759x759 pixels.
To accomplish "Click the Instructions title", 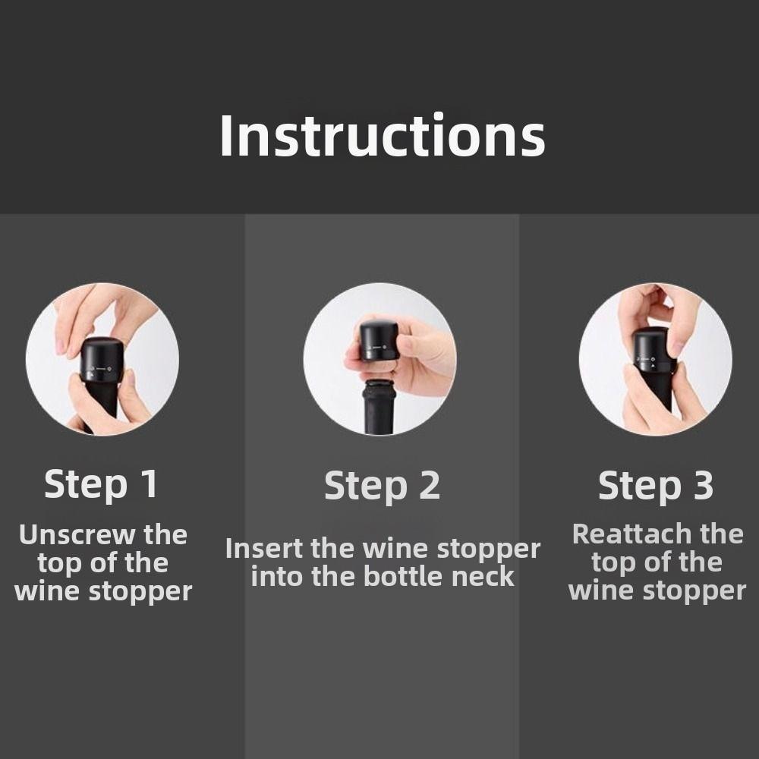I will click(382, 136).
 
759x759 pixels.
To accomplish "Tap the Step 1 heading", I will click(101, 484).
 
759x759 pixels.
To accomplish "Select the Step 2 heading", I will click(382, 486).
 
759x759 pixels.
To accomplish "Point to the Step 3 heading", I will click(656, 486).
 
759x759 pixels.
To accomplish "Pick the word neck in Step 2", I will click(483, 576).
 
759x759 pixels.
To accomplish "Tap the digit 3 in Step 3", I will click(702, 486).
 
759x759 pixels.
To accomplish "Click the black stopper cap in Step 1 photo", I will click(102, 360).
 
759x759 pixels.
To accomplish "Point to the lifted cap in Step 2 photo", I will click(379, 340).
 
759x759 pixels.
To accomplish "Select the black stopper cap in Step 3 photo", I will click(654, 351).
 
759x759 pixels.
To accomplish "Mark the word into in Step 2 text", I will click(277, 576).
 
